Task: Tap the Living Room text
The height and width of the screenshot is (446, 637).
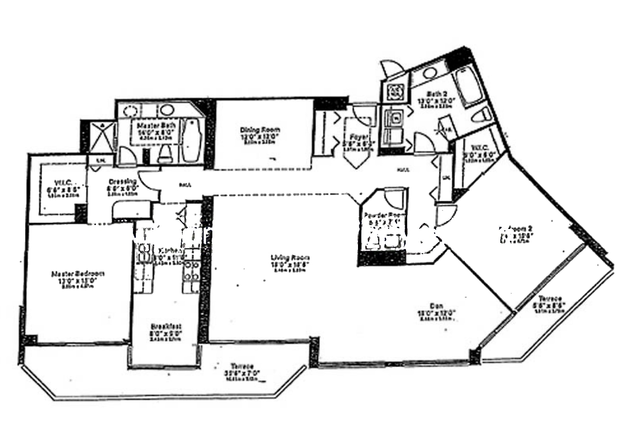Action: click(290, 258)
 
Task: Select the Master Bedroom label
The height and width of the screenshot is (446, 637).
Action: click(78, 274)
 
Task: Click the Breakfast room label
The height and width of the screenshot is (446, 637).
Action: click(166, 326)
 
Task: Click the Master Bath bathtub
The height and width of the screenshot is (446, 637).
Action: click(192, 140)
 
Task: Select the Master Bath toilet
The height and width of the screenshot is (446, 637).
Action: click(164, 153)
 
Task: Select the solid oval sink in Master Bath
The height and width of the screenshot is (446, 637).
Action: click(167, 110)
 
